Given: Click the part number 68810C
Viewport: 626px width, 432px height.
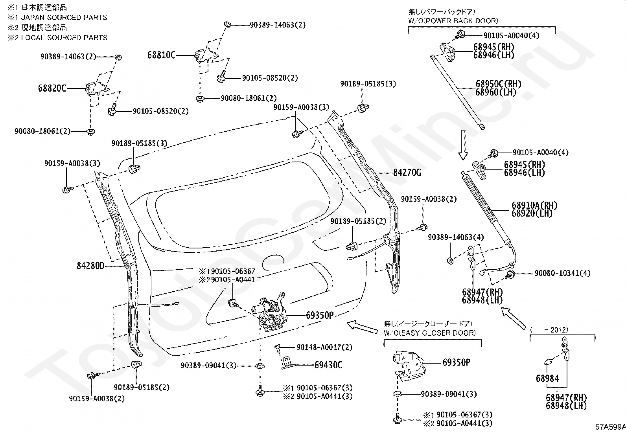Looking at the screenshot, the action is pos(161,55).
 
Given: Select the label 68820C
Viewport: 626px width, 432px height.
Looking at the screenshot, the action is pos(52,88).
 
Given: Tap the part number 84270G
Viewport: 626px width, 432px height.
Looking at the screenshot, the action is pos(407,173).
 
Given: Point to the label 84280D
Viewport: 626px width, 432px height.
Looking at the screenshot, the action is pos(90,265).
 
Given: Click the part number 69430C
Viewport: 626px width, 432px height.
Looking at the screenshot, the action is pos(328,365).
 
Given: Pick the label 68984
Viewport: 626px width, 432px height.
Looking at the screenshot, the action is pos(547,379).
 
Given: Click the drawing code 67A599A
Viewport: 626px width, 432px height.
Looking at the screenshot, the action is pos(610,427).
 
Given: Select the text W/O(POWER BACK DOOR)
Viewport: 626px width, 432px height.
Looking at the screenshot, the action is pos(453,21).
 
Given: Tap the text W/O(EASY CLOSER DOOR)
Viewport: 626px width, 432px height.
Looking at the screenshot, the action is pos(430,333).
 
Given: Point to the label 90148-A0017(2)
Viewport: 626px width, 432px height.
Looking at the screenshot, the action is pos(324,347).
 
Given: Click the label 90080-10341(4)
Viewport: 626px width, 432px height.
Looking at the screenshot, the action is pos(563,273).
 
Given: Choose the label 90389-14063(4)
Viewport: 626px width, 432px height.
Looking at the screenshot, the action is pos(456,237).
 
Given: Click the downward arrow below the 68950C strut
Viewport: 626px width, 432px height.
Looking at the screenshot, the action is pos(463,145).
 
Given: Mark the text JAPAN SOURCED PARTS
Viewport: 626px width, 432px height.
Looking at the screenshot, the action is pos(64,18).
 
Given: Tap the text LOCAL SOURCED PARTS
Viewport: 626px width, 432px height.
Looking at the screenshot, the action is pos(64,38).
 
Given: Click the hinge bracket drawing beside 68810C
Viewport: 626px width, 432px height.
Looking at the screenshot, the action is pos(206,55).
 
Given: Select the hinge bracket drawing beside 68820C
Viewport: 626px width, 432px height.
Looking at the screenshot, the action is pos(97,89).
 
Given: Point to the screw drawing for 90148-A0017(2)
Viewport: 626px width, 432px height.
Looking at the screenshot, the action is pos(278,347).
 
